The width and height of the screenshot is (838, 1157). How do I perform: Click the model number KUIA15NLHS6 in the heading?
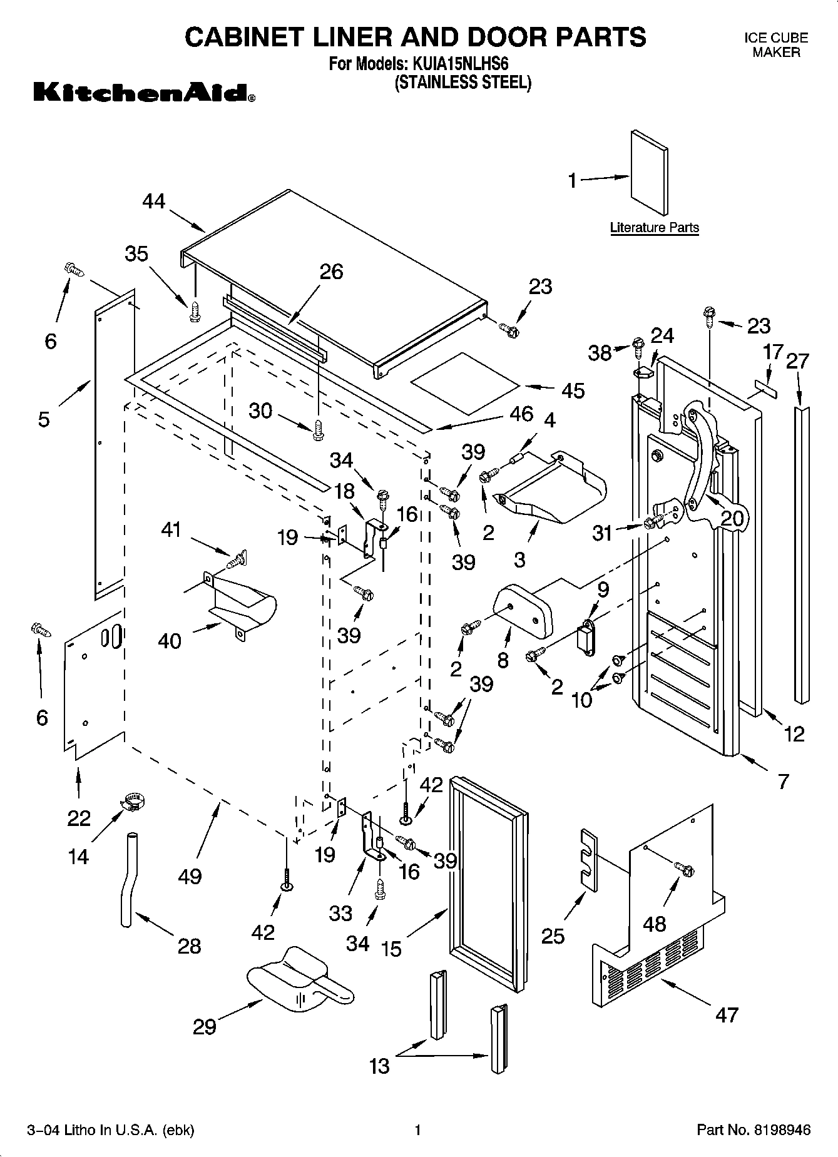tap(459, 64)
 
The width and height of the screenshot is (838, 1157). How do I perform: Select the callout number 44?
tap(153, 201)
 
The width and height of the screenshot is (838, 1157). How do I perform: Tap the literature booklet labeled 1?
tap(648, 173)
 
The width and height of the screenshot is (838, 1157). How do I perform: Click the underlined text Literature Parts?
tap(654, 228)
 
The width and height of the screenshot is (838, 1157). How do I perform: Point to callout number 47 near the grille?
tap(727, 1014)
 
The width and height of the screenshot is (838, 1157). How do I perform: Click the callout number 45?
tap(573, 390)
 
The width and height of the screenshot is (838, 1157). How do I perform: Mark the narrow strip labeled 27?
tap(802, 554)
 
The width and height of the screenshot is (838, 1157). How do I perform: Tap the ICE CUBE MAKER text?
tap(775, 45)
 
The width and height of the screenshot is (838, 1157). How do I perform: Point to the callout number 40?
tap(170, 640)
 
